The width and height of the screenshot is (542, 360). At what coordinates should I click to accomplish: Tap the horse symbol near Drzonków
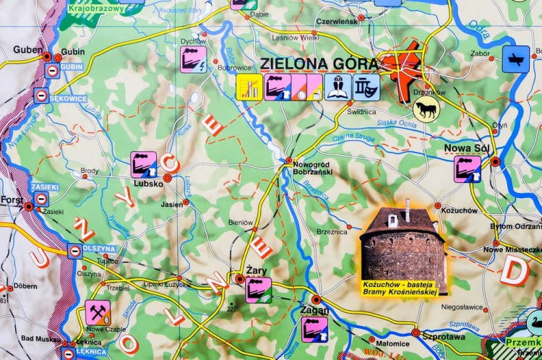pyautogui.click(x=426, y=108)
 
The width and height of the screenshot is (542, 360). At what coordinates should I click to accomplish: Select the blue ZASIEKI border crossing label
pyautogui.click(x=44, y=187)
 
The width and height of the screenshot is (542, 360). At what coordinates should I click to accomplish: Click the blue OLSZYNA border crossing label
pyautogui.click(x=98, y=249)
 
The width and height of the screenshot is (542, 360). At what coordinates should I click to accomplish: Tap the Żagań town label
pyautogui.click(x=314, y=310)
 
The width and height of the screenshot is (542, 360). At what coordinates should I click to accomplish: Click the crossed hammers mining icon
pyautogui.click(x=98, y=312)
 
